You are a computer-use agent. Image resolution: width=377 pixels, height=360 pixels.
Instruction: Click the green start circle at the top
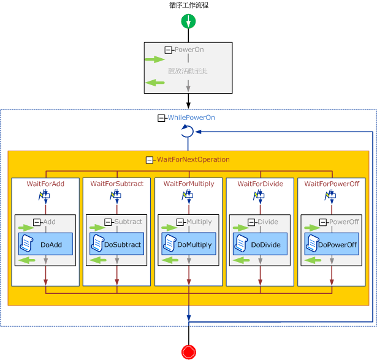point(188,21)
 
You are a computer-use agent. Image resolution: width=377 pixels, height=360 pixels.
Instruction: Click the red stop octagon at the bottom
point(188,352)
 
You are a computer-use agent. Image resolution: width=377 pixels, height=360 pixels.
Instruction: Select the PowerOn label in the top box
point(189,50)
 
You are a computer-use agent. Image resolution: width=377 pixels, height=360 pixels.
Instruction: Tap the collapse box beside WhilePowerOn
point(162,118)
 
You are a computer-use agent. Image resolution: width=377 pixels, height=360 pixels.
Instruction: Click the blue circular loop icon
point(188,132)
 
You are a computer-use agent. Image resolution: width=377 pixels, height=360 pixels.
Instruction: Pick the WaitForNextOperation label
point(193,160)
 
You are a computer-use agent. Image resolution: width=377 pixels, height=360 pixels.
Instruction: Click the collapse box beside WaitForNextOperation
point(150,160)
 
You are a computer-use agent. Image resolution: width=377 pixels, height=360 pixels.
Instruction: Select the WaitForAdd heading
point(45,184)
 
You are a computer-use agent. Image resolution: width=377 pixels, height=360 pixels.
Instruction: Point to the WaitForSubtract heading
point(116,184)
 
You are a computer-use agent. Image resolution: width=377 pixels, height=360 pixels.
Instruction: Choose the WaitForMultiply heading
point(189,184)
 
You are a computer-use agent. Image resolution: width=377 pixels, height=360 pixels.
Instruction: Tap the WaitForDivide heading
point(260,184)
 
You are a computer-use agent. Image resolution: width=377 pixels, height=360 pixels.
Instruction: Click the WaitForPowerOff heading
point(332,184)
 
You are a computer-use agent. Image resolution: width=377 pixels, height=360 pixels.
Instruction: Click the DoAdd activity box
point(45,244)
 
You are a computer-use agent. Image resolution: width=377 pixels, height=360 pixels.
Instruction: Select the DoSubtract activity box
point(116,244)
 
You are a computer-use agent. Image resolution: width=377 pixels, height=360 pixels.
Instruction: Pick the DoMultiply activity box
point(188,244)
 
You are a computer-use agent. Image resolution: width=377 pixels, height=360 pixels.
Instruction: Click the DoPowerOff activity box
point(331,244)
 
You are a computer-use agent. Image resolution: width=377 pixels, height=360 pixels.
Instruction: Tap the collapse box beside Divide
point(252,222)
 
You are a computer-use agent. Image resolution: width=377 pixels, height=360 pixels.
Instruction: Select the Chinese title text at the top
point(189,5)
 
